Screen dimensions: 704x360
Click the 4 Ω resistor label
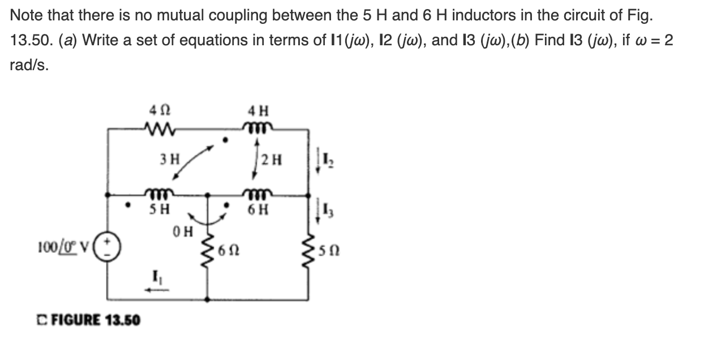click(160, 110)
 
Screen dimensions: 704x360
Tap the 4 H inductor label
click(259, 111)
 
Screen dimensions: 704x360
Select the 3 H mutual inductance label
click(170, 159)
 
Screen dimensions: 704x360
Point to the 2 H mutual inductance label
click(272, 160)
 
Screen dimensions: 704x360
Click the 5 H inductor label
click(160, 209)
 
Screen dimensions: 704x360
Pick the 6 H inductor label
click(258, 209)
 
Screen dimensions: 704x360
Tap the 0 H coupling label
click(183, 232)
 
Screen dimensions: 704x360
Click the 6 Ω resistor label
click(229, 251)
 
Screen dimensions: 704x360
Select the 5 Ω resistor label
click(329, 251)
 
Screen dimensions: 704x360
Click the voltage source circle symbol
click(108, 246)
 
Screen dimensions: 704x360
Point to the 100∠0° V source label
click(64, 247)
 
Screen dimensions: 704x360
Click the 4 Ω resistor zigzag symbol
click(160, 129)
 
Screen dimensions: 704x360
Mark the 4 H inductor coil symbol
click(257, 127)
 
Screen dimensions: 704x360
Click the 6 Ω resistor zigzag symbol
click(208, 251)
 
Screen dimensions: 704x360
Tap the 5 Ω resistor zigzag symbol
click(308, 251)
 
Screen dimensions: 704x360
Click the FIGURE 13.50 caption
click(89, 320)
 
